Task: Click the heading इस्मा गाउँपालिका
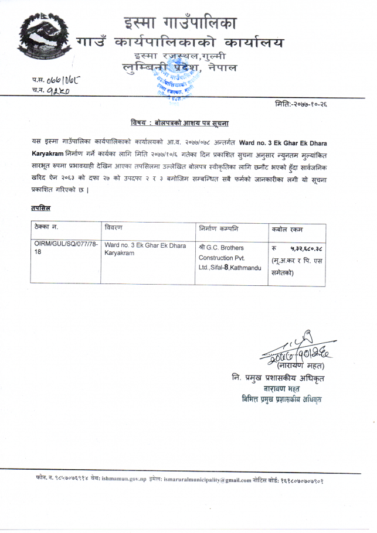tap(180, 23)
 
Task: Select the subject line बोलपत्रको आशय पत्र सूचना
tap(179, 122)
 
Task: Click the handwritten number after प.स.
tap(64, 78)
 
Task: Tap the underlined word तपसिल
tap(40, 207)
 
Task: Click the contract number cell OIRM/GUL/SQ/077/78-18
tap(66, 248)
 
